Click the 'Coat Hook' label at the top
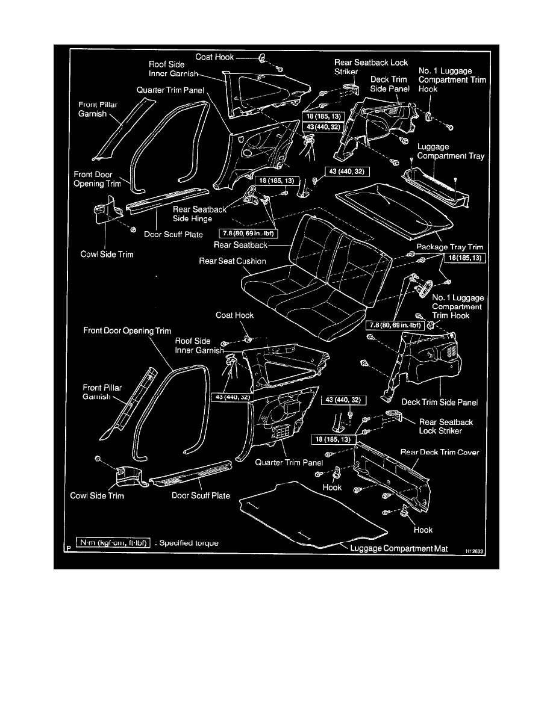[x=216, y=58]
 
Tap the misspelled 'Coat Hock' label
[x=234, y=315]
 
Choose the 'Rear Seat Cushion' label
[x=233, y=261]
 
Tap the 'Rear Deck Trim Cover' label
[x=440, y=452]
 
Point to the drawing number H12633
[x=473, y=550]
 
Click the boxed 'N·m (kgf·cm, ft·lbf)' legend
[x=113, y=543]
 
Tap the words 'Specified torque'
[x=189, y=543]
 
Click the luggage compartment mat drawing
[x=313, y=512]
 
